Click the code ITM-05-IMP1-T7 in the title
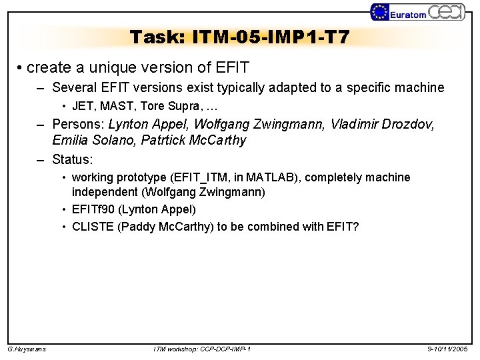(270, 37)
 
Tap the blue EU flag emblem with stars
(380, 12)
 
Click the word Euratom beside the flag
(408, 14)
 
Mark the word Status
(72, 160)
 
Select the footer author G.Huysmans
(27, 349)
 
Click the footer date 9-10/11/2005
(448, 349)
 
